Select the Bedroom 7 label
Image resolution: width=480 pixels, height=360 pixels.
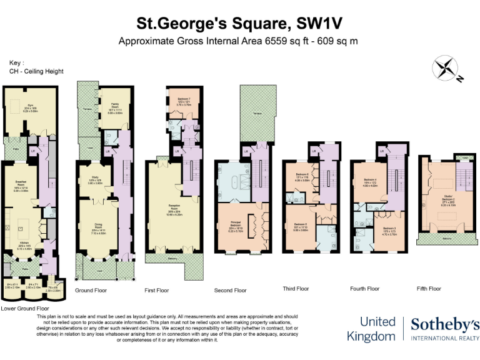[183, 99]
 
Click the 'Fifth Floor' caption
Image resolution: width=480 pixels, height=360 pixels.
[429, 289]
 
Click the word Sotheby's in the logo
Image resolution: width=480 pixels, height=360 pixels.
[446, 324]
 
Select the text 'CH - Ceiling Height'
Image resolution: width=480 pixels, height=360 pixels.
[36, 71]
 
